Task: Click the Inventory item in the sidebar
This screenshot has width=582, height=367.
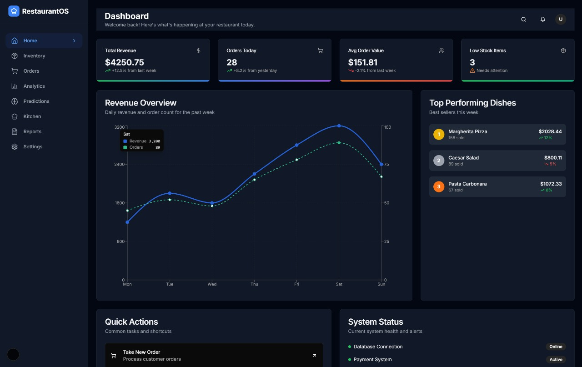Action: (x=34, y=56)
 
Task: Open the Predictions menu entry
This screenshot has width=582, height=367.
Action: (x=36, y=101)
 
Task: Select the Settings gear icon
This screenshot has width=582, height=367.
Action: (x=15, y=146)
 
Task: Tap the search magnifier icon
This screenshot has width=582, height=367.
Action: (x=523, y=20)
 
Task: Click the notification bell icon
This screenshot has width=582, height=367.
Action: (x=543, y=20)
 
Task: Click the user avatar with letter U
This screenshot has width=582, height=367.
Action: (x=561, y=19)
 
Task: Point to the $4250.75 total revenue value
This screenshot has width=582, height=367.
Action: (x=125, y=62)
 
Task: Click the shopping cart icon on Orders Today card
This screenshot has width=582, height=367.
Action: (x=320, y=50)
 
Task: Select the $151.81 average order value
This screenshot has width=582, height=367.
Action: (x=363, y=62)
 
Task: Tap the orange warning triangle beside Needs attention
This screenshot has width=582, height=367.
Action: (x=472, y=70)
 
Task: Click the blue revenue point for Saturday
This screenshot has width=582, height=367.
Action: (x=339, y=126)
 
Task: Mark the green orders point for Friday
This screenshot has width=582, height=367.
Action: (x=297, y=160)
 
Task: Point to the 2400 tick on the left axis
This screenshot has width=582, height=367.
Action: (x=119, y=164)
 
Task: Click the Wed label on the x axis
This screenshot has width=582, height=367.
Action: (x=212, y=284)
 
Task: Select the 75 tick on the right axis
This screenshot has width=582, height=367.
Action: (x=386, y=164)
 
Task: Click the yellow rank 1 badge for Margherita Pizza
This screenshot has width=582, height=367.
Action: (x=439, y=134)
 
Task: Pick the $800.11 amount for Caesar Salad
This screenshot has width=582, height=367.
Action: (x=553, y=158)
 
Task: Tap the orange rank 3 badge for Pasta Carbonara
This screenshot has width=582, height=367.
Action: (x=439, y=186)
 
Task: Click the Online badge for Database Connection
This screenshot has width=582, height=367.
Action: (x=556, y=347)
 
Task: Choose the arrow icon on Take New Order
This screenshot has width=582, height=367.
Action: (x=314, y=356)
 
